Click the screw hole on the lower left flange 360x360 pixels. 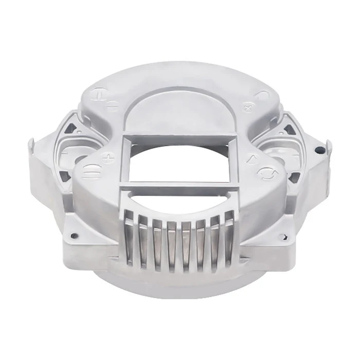click(74, 236)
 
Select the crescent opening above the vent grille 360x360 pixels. click(180, 198)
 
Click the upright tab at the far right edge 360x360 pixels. click(328, 147)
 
